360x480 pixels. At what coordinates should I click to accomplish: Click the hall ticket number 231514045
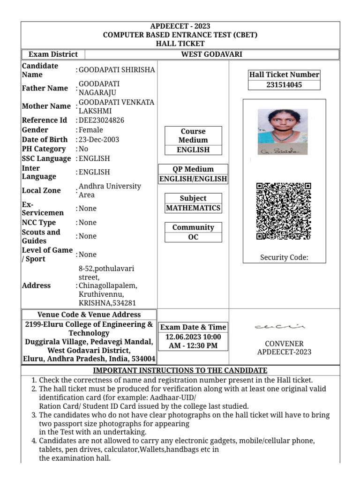coord(284,85)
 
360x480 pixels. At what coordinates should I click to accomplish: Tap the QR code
coord(284,211)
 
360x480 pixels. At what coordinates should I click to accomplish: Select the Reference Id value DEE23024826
coord(101,120)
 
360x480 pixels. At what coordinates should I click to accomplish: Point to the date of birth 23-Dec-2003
coord(99,140)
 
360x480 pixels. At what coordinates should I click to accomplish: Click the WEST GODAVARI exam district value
coord(211,54)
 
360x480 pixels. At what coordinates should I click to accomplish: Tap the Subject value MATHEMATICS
coord(193,208)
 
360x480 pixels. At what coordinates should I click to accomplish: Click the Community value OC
coord(193,237)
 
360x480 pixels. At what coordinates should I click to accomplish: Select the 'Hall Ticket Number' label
coord(284,75)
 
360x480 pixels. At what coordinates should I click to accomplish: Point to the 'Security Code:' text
coord(284,257)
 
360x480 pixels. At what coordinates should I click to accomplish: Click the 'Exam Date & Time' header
coord(193,327)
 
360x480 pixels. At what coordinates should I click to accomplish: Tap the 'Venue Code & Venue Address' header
coord(89,315)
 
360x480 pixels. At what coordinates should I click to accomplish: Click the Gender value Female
coord(91,130)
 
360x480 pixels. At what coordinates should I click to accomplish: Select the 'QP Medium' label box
coord(193,169)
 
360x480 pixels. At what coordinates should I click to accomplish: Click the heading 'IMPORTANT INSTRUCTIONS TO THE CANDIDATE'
coord(180,370)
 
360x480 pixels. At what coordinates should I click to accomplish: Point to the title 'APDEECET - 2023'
coord(180,26)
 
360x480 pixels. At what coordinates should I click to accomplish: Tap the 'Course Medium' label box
coord(193,136)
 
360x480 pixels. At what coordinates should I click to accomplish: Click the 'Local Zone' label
coord(41,190)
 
